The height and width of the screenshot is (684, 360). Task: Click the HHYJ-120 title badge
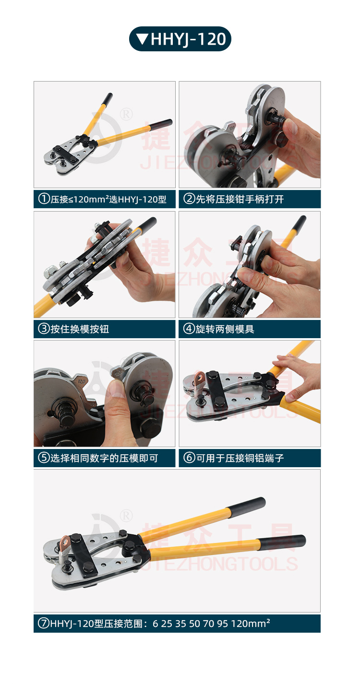(180, 39)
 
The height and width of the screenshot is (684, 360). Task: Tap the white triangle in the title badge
(143, 39)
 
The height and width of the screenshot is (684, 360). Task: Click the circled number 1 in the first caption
(44, 199)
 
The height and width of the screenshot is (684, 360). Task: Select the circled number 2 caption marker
(189, 199)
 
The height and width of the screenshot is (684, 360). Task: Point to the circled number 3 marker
(44, 329)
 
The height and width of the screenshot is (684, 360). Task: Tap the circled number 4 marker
(189, 329)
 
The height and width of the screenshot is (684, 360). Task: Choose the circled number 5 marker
(44, 458)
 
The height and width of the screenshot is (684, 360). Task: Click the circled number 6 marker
(189, 458)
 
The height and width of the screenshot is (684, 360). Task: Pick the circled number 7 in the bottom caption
(43, 623)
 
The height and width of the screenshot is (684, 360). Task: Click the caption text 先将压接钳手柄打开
(240, 199)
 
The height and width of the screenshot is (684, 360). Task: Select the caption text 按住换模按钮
(80, 329)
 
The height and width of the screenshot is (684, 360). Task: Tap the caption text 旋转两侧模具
(225, 329)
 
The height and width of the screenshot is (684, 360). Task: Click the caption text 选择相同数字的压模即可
(104, 458)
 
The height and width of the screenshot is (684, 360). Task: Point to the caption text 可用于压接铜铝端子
(240, 458)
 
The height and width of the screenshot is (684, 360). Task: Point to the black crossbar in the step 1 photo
(65, 154)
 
